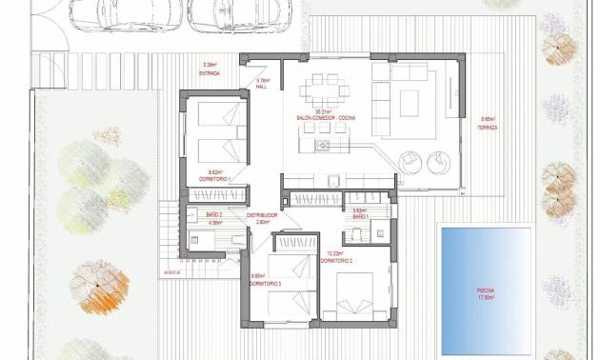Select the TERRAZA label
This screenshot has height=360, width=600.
[489, 127]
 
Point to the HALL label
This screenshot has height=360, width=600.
[264, 87]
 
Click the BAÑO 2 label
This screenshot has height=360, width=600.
[213, 215]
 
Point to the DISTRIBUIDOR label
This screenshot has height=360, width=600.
[262, 215]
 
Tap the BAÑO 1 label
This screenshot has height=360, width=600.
[359, 216]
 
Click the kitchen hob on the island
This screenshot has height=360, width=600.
[322, 146]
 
